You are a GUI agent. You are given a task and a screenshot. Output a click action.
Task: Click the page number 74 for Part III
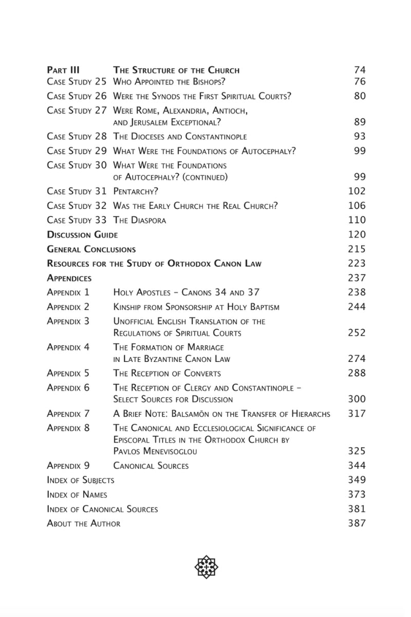(360, 70)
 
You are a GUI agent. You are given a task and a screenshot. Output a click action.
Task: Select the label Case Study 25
(77, 82)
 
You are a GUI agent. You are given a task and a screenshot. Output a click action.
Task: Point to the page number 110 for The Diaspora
(357, 220)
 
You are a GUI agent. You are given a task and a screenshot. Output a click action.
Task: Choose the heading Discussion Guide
(82, 235)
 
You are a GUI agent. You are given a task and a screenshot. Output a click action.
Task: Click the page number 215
(357, 249)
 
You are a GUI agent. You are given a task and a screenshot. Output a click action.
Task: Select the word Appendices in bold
(69, 278)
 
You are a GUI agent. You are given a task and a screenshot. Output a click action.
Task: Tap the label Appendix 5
(68, 373)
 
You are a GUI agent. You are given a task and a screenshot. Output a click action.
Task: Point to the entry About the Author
(83, 523)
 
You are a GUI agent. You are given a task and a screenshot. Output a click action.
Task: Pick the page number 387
(357, 523)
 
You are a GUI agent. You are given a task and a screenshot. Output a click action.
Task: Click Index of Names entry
(77, 495)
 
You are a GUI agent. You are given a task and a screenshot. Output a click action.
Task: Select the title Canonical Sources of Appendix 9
(151, 466)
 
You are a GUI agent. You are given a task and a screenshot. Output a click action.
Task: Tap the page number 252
(357, 333)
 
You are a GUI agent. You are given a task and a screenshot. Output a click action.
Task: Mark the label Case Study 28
(77, 137)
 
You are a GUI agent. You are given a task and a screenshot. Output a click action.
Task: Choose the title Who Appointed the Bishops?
(169, 82)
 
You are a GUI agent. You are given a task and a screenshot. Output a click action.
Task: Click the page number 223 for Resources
(357, 264)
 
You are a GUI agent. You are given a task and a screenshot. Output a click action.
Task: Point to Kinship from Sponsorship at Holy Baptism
(196, 307)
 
